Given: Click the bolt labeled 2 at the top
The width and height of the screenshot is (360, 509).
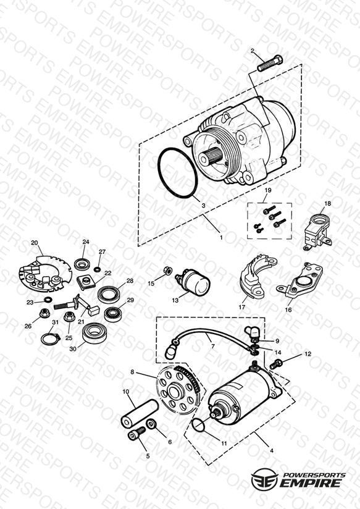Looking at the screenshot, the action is click(270, 64).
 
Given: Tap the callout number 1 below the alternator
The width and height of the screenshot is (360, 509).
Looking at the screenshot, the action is click(222, 238).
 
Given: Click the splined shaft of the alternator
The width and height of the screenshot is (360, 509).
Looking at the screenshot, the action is click(211, 155).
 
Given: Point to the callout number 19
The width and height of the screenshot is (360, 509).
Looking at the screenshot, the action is click(268, 190).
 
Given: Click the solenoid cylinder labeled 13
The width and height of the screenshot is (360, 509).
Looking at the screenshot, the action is click(193, 282).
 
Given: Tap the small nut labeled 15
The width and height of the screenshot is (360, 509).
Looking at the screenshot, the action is click(168, 270).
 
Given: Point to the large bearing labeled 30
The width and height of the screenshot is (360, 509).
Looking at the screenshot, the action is click(94, 333).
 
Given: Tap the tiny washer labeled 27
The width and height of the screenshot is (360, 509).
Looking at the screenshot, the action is click(97, 269).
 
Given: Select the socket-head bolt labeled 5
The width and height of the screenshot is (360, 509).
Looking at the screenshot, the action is click(136, 434).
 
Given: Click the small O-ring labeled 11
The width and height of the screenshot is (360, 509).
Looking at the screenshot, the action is click(198, 425).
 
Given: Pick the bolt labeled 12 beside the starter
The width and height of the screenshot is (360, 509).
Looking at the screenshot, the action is click(275, 364).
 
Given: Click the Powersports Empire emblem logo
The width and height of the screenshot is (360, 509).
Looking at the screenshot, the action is click(264, 479).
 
